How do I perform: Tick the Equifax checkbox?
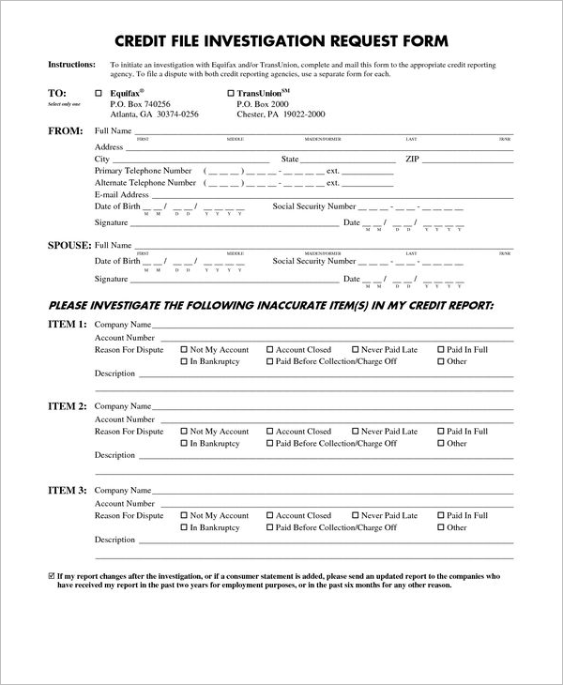click(99, 93)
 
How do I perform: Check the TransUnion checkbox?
click(230, 93)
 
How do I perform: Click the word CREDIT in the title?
click(146, 41)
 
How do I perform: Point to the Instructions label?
click(71, 65)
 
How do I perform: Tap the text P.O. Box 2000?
click(263, 104)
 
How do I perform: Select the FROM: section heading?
click(66, 130)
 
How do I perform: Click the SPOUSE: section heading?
click(69, 245)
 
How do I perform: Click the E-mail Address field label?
click(123, 194)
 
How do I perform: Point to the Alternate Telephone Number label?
click(145, 183)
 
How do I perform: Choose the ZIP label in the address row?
click(412, 160)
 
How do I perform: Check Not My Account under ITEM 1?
click(184, 349)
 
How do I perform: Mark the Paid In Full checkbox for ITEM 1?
click(441, 349)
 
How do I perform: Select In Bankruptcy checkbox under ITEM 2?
click(184, 443)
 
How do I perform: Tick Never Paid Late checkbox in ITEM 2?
click(355, 432)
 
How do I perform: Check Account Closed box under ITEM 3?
click(270, 515)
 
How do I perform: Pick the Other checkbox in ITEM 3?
click(441, 527)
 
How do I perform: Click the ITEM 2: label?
click(67, 406)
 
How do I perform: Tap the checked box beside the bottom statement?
click(51, 574)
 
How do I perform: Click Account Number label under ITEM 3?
click(125, 503)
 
